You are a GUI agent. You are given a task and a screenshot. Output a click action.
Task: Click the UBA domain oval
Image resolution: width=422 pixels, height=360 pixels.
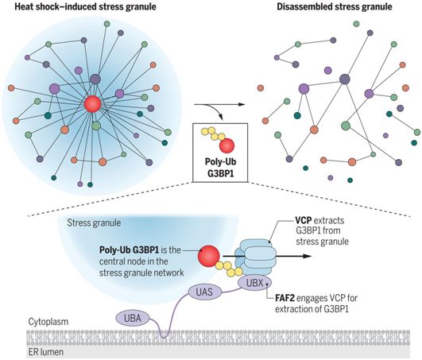(x=133, y=319)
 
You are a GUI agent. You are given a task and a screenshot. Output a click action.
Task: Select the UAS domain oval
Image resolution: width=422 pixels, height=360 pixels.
(x=204, y=292)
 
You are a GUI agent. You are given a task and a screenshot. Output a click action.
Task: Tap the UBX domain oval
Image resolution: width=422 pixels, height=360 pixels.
(x=254, y=283)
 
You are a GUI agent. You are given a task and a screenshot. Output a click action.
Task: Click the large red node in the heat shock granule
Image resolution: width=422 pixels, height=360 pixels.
(x=92, y=104)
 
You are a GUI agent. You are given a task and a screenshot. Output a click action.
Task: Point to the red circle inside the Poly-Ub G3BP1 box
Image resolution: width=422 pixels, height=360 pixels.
(x=226, y=145)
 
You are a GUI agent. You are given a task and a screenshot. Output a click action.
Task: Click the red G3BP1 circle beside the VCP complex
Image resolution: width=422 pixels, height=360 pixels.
(x=208, y=256)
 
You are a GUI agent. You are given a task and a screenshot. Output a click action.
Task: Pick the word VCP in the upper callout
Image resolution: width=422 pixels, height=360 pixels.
(x=304, y=220)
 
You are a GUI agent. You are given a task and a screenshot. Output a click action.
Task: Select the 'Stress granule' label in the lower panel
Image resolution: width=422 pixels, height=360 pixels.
(x=94, y=223)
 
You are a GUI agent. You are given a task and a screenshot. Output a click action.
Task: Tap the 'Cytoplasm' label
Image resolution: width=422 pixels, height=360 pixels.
(x=48, y=322)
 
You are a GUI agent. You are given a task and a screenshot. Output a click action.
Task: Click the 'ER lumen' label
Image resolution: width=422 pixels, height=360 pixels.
(x=46, y=352)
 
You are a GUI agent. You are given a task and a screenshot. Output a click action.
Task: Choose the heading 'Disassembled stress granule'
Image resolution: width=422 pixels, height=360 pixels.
(x=335, y=6)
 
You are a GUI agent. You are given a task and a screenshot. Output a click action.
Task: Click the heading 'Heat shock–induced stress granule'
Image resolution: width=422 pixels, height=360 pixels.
(x=85, y=6)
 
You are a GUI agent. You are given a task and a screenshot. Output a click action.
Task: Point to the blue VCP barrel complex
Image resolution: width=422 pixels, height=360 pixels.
(x=256, y=257)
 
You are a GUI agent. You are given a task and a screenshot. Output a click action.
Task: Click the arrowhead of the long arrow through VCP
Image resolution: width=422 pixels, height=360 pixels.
(x=308, y=256)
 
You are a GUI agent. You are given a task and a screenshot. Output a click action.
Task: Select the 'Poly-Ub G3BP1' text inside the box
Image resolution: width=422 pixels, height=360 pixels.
(x=220, y=168)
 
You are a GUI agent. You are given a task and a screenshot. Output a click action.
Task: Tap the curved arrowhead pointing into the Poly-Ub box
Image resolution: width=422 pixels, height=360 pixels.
(x=222, y=118)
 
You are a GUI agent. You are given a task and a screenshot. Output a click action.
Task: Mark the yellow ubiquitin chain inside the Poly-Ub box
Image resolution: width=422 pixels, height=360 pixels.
(x=212, y=134)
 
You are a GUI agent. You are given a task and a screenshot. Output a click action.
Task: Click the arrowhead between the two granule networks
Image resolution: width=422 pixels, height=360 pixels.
(x=242, y=104)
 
